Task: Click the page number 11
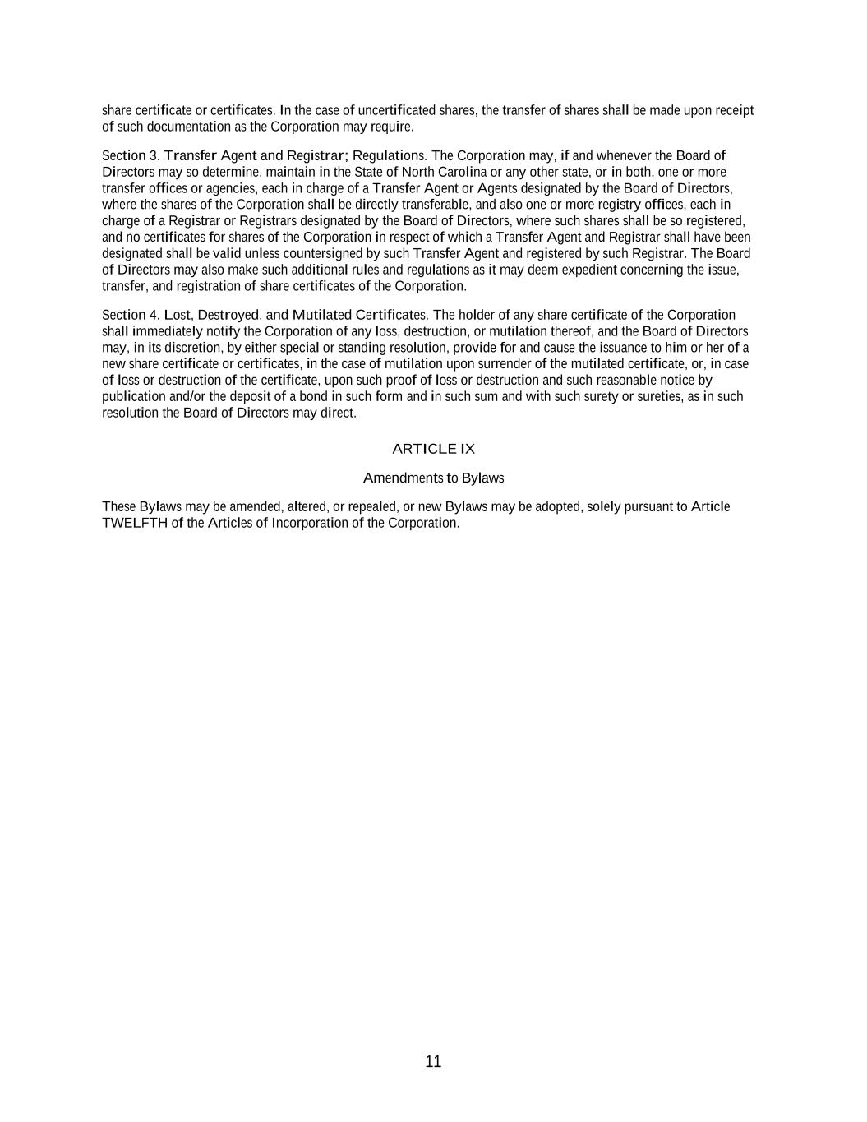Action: pos(433,1061)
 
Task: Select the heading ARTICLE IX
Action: pos(433,449)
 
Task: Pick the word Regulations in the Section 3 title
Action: pos(389,155)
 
